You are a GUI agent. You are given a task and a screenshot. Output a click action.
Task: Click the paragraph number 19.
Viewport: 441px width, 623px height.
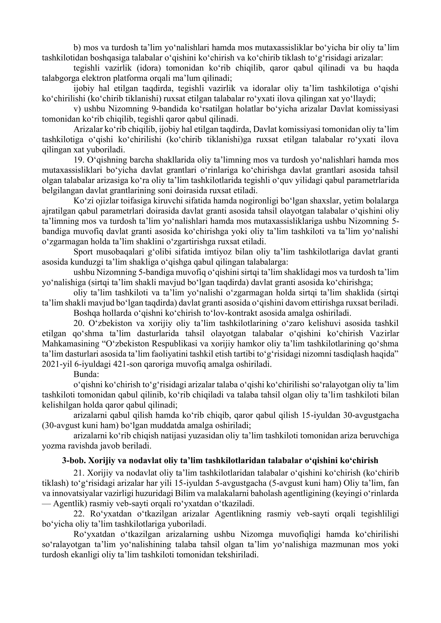tap(79, 160)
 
